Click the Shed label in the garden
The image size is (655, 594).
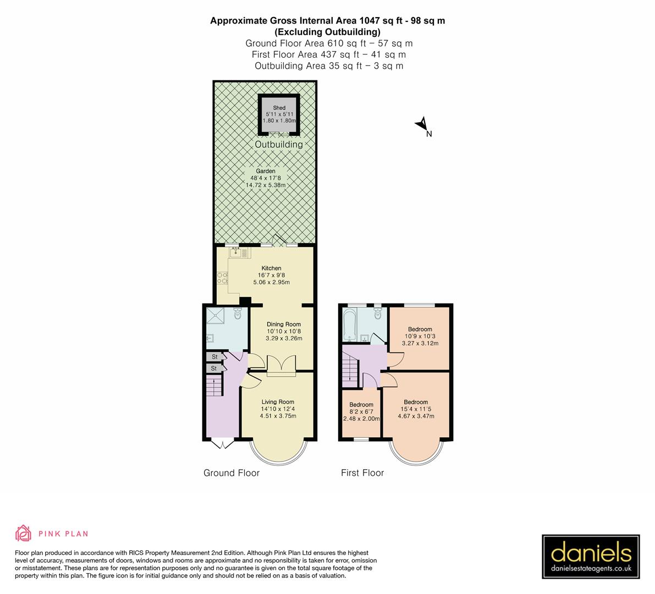pyautogui.click(x=279, y=108)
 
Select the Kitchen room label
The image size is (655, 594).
pyautogui.click(x=271, y=268)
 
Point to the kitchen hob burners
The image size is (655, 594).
pyautogui.click(x=223, y=278)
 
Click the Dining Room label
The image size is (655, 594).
pyautogui.click(x=284, y=324)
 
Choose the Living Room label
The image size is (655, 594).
pyautogui.click(x=278, y=402)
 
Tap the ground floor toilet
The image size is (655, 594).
pyautogui.click(x=238, y=314)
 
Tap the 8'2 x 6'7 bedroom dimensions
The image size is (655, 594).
pyautogui.click(x=361, y=411)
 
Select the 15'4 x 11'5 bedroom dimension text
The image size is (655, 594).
pyautogui.click(x=416, y=409)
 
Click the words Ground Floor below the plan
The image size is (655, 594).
pyautogui.click(x=232, y=473)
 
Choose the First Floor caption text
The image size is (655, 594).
pyautogui.click(x=362, y=473)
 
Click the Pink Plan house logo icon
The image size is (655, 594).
pyautogui.click(x=24, y=533)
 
